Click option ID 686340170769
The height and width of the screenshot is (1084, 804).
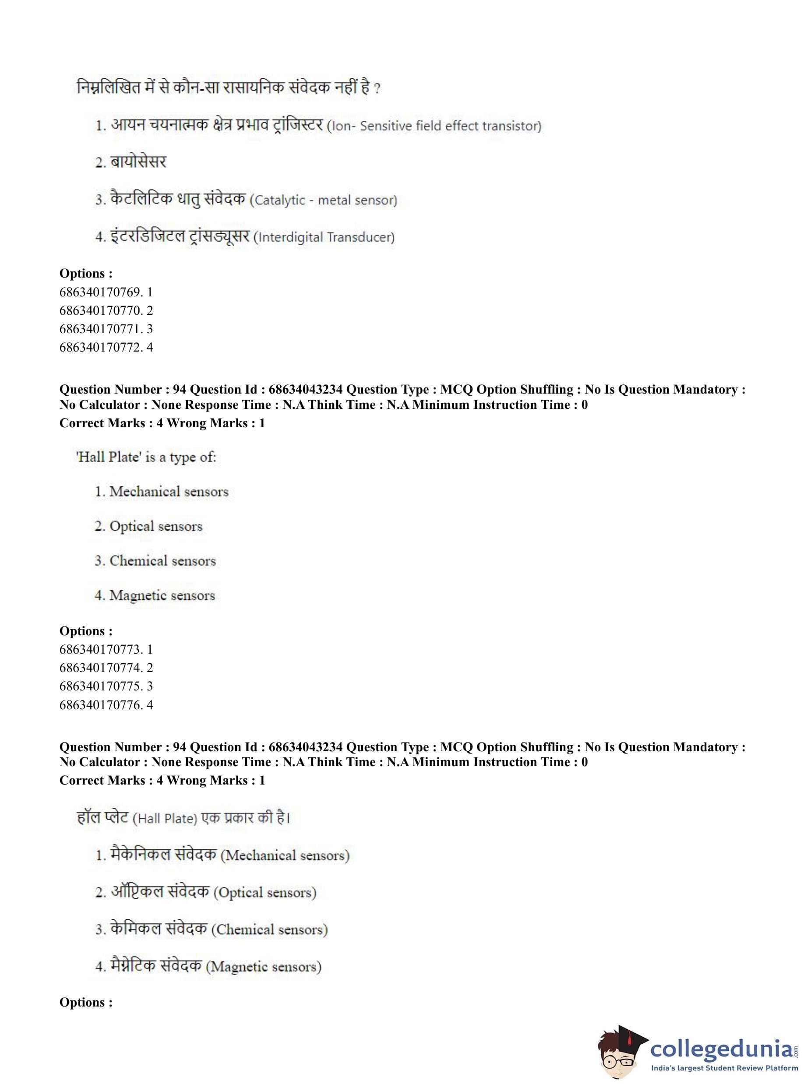(x=106, y=292)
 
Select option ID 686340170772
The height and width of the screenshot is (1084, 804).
(x=106, y=347)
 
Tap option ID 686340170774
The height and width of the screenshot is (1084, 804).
(x=106, y=668)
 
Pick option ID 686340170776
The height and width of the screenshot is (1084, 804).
(x=106, y=704)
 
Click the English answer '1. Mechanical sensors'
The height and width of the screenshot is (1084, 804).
(x=161, y=491)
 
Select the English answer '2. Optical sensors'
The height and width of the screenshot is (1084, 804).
(x=148, y=526)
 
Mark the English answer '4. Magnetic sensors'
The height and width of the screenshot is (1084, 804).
(x=154, y=595)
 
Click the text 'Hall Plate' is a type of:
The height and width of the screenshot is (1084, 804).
(x=146, y=457)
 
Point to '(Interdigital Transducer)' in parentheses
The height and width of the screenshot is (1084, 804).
(x=324, y=237)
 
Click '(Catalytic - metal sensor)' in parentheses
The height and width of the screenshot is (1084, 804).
(x=323, y=200)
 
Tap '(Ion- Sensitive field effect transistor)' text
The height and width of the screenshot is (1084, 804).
(x=434, y=126)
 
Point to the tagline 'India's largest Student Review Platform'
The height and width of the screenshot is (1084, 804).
(x=724, y=1068)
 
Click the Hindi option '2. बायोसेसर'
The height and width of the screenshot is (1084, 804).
(x=130, y=162)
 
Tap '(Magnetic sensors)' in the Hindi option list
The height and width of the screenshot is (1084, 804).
(x=263, y=967)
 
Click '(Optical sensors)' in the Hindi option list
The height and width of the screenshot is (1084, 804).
(x=265, y=893)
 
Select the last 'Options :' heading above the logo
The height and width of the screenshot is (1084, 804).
(x=86, y=1002)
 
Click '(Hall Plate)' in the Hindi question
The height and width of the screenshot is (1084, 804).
(x=165, y=819)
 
